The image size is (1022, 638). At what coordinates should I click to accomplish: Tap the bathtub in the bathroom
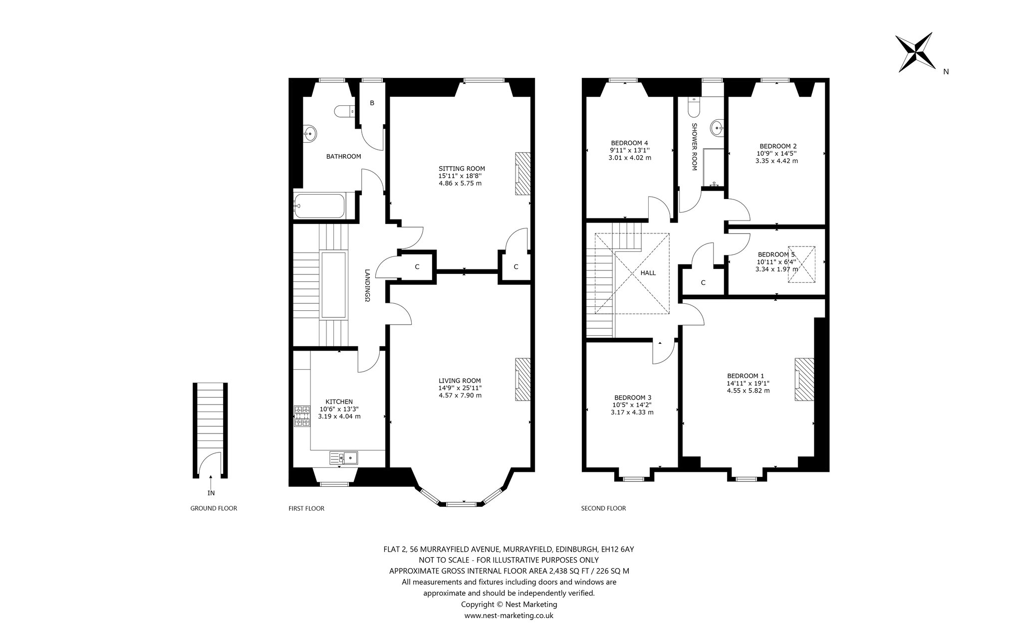pyautogui.click(x=318, y=206)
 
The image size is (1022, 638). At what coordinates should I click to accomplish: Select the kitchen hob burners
pyautogui.click(x=302, y=417)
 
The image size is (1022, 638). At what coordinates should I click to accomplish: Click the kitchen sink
pyautogui.click(x=344, y=457)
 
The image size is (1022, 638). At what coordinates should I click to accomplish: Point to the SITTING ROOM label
pyautogui.click(x=462, y=169)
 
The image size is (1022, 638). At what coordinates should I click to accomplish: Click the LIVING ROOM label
pyautogui.click(x=460, y=381)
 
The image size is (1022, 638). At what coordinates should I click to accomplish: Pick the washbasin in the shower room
pyautogui.click(x=719, y=128)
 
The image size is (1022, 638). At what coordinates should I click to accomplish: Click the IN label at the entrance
pyautogui.click(x=211, y=493)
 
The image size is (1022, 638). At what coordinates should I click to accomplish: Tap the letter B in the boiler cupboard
pyautogui.click(x=372, y=103)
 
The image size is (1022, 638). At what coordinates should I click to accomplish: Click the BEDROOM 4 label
pyautogui.click(x=630, y=143)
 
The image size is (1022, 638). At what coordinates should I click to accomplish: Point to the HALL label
pyautogui.click(x=648, y=273)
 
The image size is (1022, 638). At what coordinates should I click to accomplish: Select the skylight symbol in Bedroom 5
pyautogui.click(x=801, y=264)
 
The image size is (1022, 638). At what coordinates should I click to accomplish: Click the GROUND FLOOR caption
pyautogui.click(x=214, y=508)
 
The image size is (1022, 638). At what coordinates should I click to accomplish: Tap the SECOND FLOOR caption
pyautogui.click(x=603, y=508)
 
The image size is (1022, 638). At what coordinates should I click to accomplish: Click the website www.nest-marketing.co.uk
pyautogui.click(x=509, y=616)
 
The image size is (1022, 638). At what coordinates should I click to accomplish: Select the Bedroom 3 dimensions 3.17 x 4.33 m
pyautogui.click(x=632, y=413)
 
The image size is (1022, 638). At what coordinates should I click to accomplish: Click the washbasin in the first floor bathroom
pyautogui.click(x=310, y=133)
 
